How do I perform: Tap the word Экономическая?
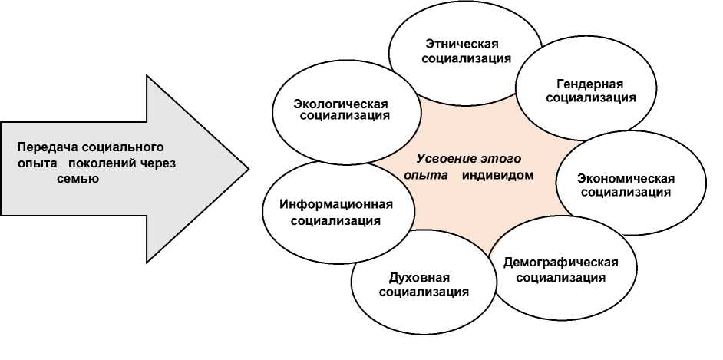626,178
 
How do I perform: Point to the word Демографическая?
560,262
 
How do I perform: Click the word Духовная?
424,277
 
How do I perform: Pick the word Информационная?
336,205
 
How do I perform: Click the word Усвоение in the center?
441,159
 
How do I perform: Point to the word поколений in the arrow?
102,163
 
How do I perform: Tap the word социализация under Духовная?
424,292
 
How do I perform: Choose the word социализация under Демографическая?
561,276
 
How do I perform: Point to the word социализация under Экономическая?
626,193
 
